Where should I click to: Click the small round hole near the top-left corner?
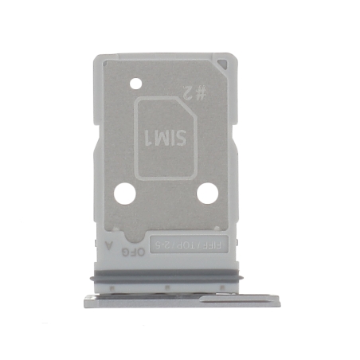coord(135,81)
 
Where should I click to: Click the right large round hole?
coord(208,193)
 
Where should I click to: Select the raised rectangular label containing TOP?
coord(190,242)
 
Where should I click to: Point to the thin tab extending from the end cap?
coord(239,299)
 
